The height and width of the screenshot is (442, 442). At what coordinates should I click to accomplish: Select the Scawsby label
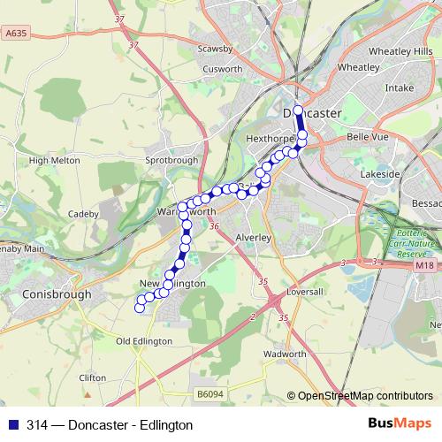point(215,49)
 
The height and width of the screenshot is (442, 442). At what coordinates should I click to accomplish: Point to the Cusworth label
point(222,68)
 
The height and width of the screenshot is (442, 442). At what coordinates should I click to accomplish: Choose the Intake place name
point(399,88)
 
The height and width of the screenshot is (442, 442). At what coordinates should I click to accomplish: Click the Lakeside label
point(381,174)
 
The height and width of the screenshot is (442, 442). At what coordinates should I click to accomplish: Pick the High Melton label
point(55,161)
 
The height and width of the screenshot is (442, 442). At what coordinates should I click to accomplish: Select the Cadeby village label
point(83,213)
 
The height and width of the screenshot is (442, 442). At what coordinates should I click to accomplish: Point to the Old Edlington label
point(141,341)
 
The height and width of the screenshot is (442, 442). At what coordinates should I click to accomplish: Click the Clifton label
point(92,377)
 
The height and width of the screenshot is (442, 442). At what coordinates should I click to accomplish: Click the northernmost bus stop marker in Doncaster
point(298,110)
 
